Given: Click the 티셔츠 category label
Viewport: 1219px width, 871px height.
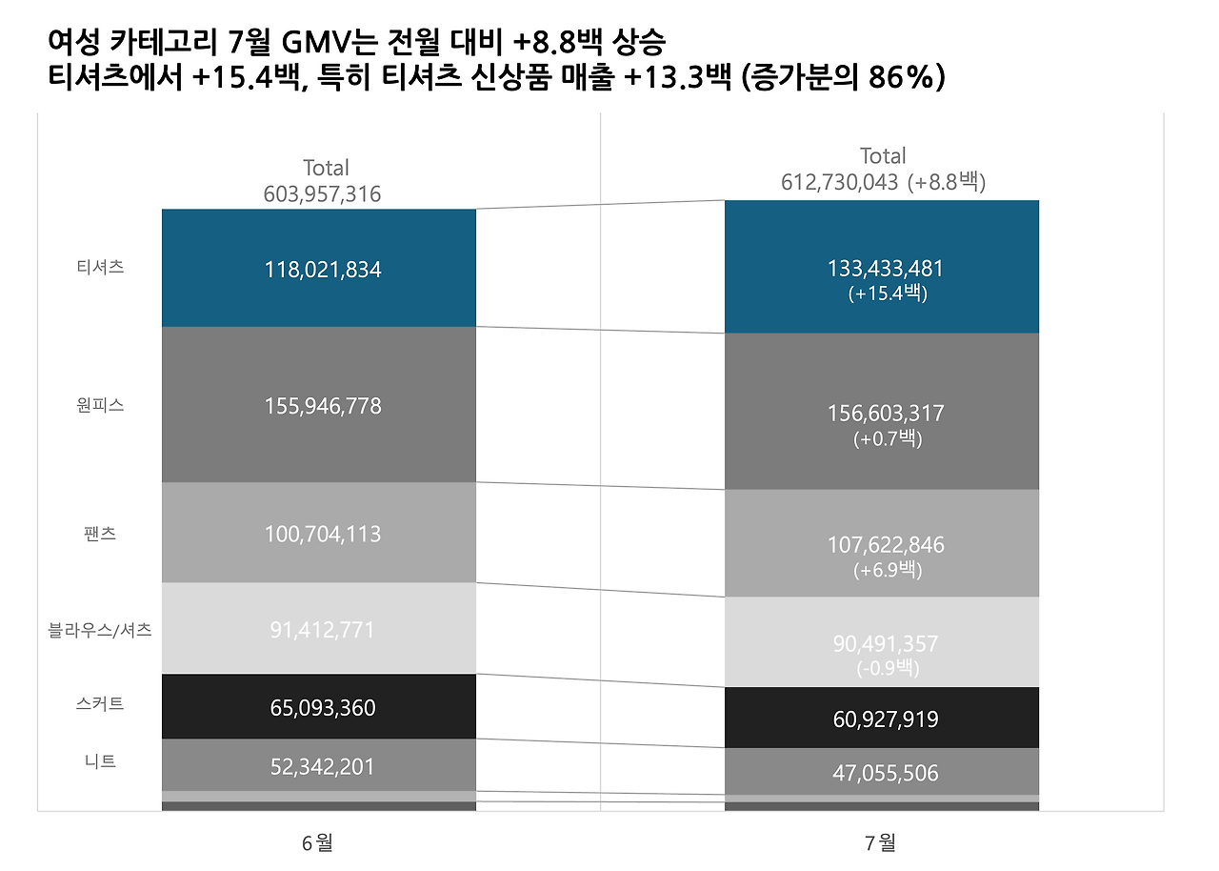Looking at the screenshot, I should pyautogui.click(x=100, y=268).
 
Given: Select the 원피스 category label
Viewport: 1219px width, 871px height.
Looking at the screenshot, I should pyautogui.click(x=100, y=405).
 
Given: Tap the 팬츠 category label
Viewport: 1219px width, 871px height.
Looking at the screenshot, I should pyautogui.click(x=100, y=533).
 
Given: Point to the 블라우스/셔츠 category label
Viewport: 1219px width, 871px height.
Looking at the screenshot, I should pyautogui.click(x=100, y=630).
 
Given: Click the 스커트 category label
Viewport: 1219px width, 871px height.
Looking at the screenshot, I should pyautogui.click(x=100, y=705).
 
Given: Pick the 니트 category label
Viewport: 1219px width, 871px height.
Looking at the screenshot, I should pyautogui.click(x=100, y=761).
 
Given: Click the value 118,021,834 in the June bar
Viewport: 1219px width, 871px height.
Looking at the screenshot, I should pyautogui.click(x=322, y=270).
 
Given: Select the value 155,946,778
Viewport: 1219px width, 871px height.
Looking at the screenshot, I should pyautogui.click(x=322, y=406).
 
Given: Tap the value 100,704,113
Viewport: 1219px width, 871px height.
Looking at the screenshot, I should pyautogui.click(x=322, y=534).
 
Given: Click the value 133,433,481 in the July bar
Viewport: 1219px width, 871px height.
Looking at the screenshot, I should pyautogui.click(x=886, y=269).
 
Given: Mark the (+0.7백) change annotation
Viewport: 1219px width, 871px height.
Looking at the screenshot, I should pyautogui.click(x=887, y=439).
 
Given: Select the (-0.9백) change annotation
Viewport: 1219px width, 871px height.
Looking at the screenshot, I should pyautogui.click(x=887, y=667).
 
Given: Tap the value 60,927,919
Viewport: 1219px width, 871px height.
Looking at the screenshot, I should pyautogui.click(x=886, y=719).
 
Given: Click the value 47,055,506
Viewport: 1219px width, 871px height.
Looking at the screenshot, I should pyautogui.click(x=886, y=773).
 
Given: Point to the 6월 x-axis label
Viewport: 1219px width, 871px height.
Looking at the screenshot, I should pyautogui.click(x=317, y=842).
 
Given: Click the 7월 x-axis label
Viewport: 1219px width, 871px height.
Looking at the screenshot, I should pyautogui.click(x=881, y=842).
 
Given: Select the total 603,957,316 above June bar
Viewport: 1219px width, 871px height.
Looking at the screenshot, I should pyautogui.click(x=322, y=194).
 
